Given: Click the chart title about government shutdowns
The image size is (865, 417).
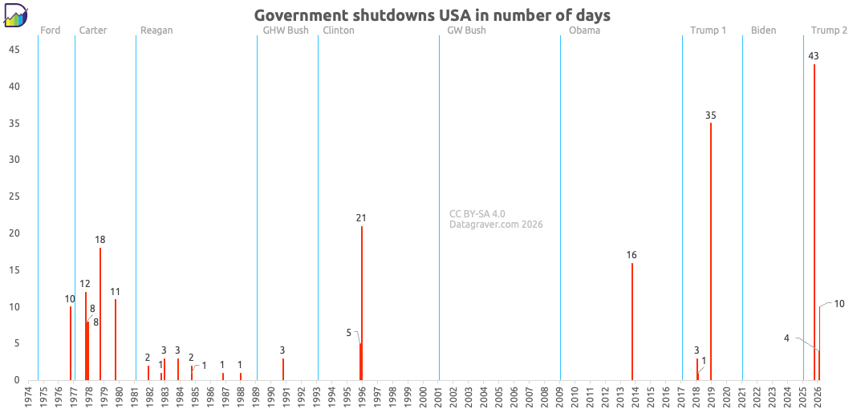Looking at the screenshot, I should [x=432, y=15].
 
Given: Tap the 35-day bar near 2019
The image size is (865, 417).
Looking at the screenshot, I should [x=711, y=252].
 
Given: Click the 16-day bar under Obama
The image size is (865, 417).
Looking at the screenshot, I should [x=632, y=322].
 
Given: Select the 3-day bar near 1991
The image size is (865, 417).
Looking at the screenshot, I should [x=283, y=369].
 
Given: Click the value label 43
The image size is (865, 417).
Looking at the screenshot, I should [x=814, y=56].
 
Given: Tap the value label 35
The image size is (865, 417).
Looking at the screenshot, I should [x=711, y=115].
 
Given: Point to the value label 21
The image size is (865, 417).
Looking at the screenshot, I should [x=361, y=218].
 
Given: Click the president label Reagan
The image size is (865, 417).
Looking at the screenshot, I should [x=156, y=30].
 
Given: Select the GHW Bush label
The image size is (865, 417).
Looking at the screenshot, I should [x=286, y=30].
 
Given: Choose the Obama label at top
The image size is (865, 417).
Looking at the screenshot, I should [x=584, y=30].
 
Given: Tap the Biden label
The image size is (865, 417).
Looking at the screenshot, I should [x=764, y=30].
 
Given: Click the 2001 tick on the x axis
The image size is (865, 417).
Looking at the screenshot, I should [x=439, y=395].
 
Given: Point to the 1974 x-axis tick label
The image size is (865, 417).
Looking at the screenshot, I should [x=29, y=395].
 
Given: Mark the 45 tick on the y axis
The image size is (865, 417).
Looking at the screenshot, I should [x=14, y=50].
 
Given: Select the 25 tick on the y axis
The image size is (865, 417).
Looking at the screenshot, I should [x=14, y=196].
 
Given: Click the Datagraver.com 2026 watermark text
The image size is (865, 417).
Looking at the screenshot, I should [x=496, y=225].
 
